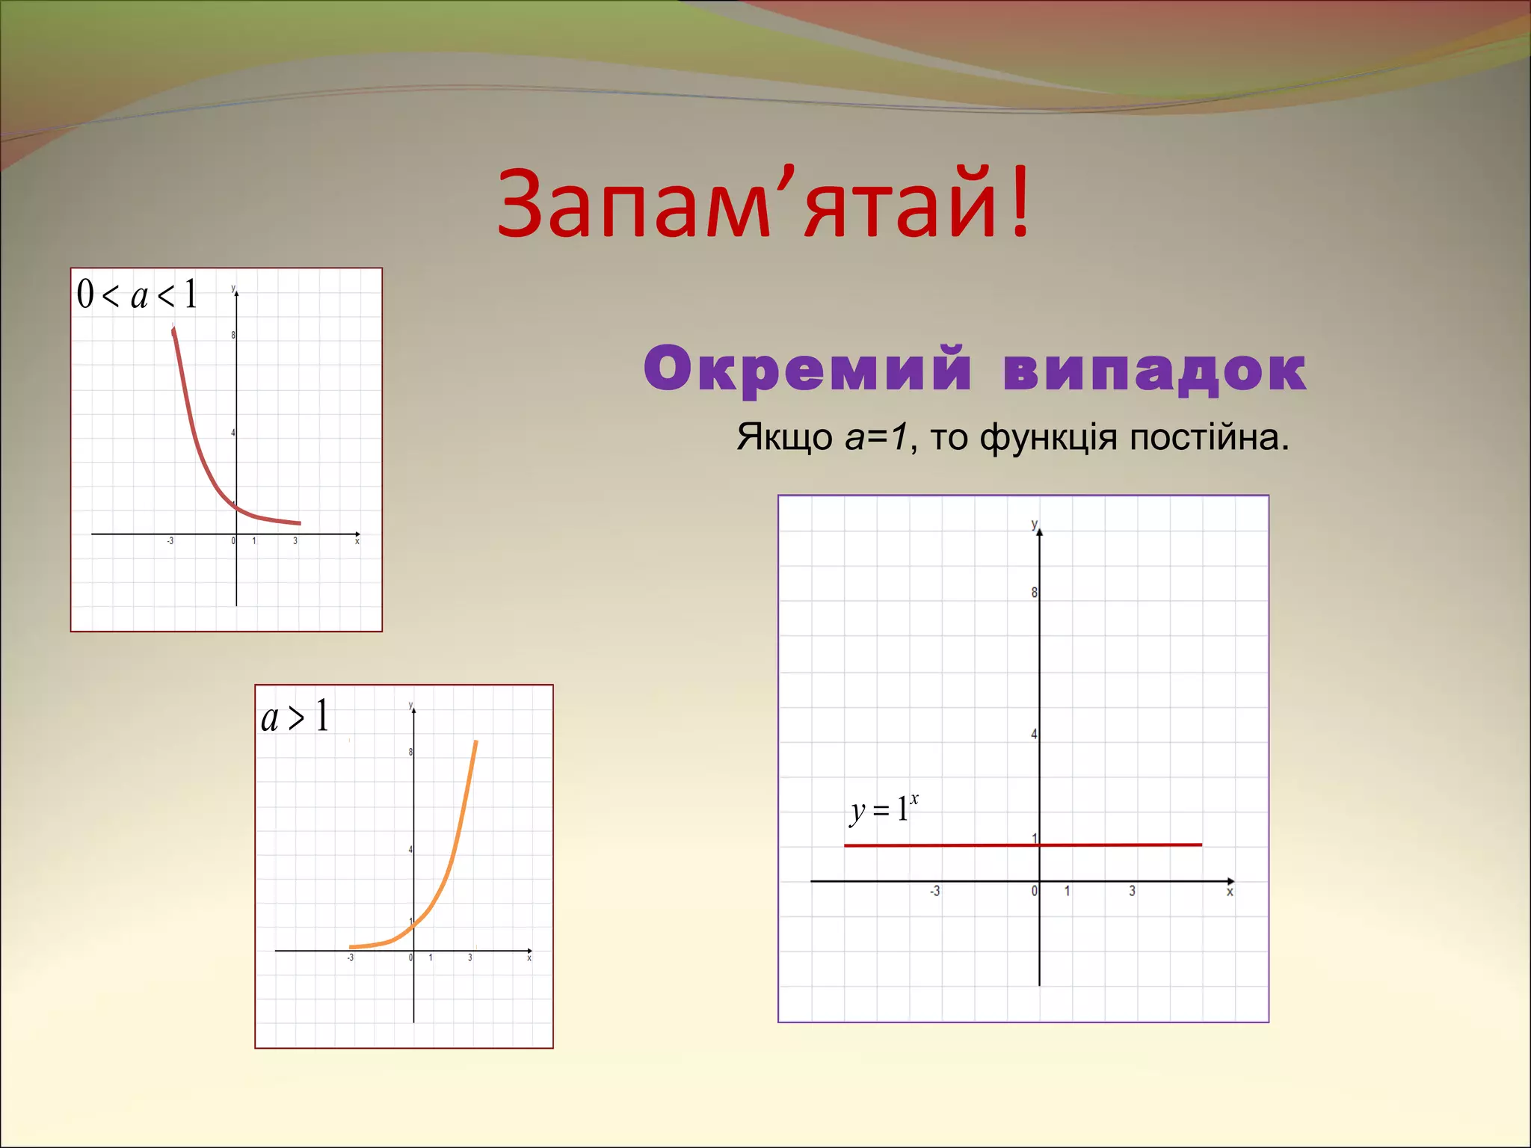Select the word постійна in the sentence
coord(1208,437)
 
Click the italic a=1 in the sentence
coord(875,436)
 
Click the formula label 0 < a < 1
coord(138,294)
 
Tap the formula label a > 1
coord(295,716)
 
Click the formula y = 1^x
coord(884,809)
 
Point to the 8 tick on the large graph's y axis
coord(1034,593)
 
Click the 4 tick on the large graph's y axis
coord(1034,735)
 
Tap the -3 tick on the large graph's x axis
coord(934,891)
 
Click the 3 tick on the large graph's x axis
coord(1132,891)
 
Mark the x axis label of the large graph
coord(1230,892)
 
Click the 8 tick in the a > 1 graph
coord(410,752)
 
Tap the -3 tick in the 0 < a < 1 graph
coord(170,541)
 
